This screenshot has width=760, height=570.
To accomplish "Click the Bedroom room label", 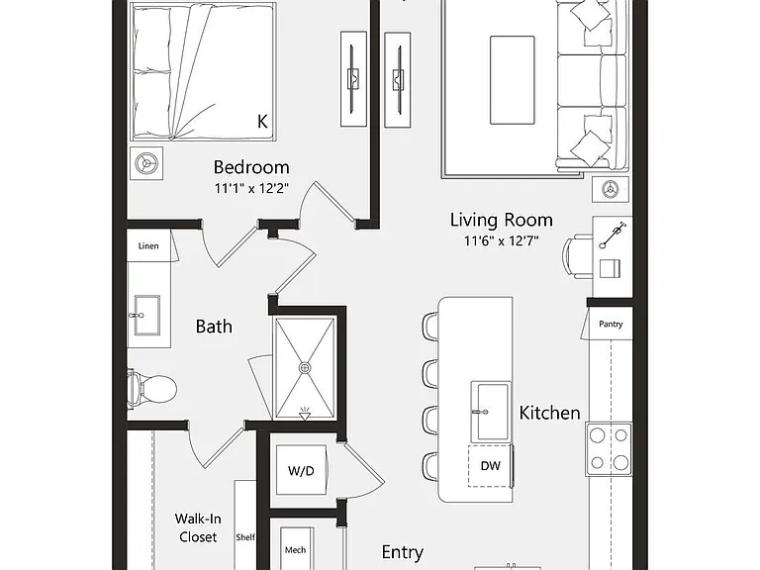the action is pos(251,167).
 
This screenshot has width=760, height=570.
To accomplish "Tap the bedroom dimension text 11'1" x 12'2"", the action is pos(251,188).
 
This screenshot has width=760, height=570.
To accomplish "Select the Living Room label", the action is pos(501,220).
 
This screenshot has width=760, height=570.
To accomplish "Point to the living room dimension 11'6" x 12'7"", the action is pos(501,240).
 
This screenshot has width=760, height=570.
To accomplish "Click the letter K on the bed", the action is pos(262,121).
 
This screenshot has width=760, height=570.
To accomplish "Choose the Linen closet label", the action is pos(148,246).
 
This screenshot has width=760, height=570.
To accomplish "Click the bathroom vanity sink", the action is pos(146,315).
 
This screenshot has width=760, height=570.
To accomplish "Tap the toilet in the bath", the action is pos(151,389).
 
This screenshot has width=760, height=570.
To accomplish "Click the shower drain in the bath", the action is pos(305,368).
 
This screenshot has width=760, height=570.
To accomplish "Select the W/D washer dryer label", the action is pos(301,471).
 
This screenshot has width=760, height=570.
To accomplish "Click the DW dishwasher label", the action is pos(490,466).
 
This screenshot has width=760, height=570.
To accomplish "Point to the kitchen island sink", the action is pos(491,412).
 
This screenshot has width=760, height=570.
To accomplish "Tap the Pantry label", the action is pos(611,325).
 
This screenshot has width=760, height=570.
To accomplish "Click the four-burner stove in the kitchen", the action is pos(609,449).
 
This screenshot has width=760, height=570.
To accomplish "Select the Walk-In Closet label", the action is pos(198,527).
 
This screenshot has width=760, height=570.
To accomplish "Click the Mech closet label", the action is pos(295,549).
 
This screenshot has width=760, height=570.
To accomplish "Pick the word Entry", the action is pos(403,552).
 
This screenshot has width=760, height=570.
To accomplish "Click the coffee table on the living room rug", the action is pos(513,80).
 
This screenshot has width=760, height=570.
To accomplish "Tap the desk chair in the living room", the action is pos(577,256).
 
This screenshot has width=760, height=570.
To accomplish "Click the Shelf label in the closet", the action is pos(245,537).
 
